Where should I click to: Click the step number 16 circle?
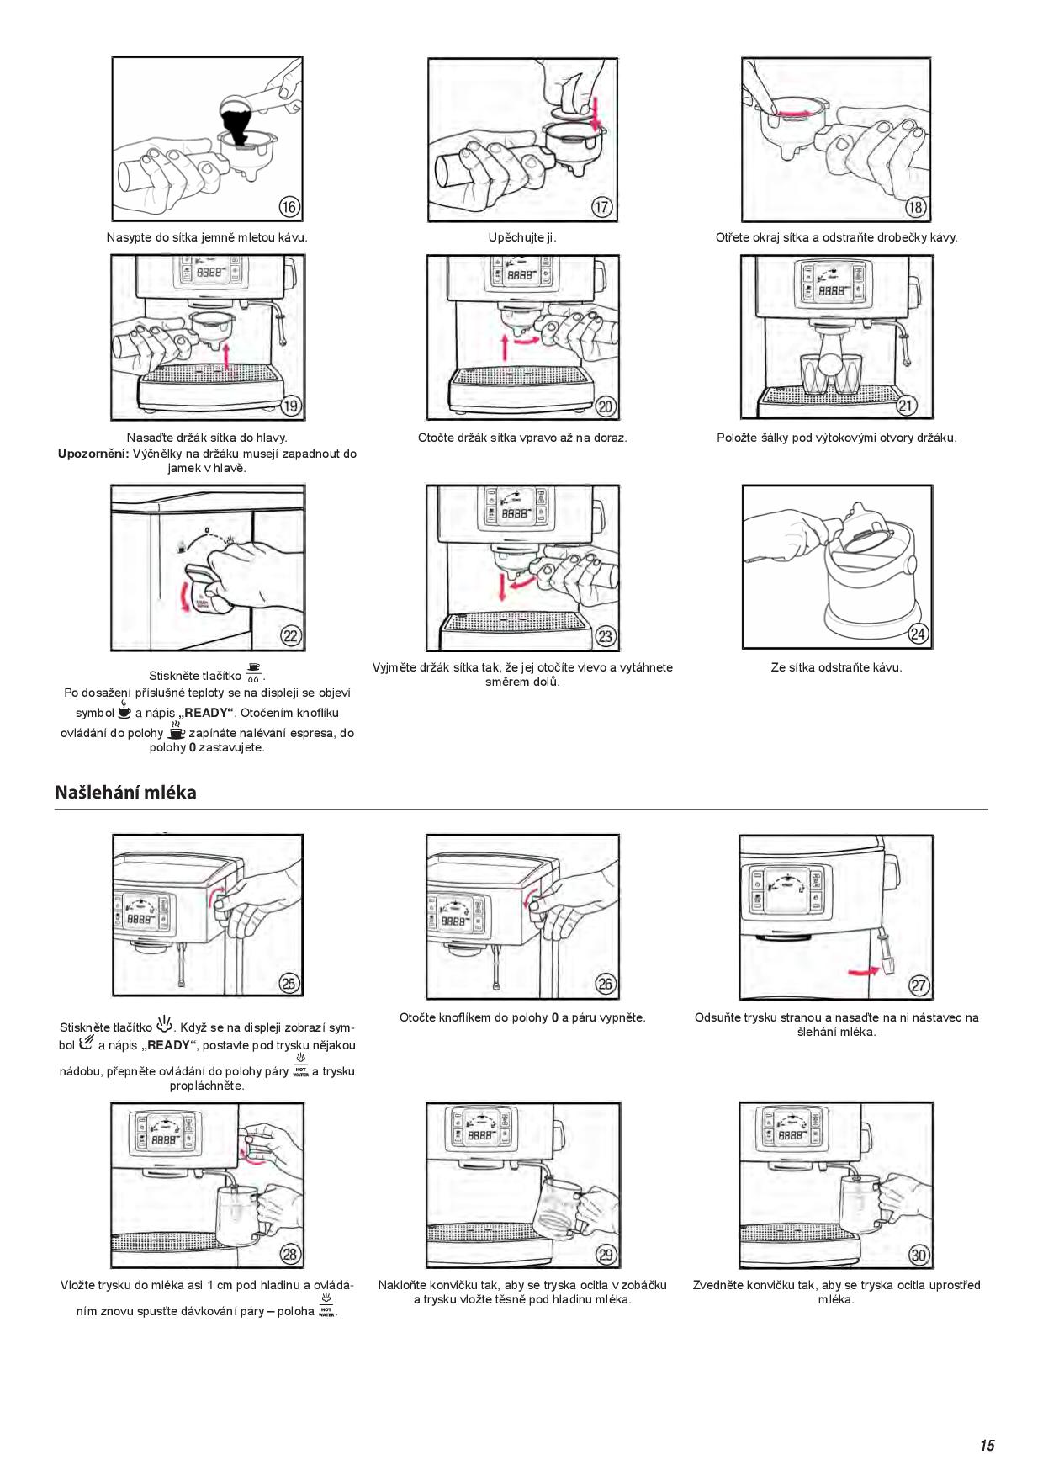289,207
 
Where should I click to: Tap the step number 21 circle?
906,405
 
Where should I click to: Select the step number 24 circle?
919,634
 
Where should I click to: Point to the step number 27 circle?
919,985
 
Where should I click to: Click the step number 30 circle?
919,1255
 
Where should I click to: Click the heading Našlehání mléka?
125,792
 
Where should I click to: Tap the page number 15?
987,1445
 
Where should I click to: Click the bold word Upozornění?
93,454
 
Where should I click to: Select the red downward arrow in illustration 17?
596,114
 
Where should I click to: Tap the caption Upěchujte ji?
522,237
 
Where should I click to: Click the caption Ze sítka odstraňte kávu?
836,667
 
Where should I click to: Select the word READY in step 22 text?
206,713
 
